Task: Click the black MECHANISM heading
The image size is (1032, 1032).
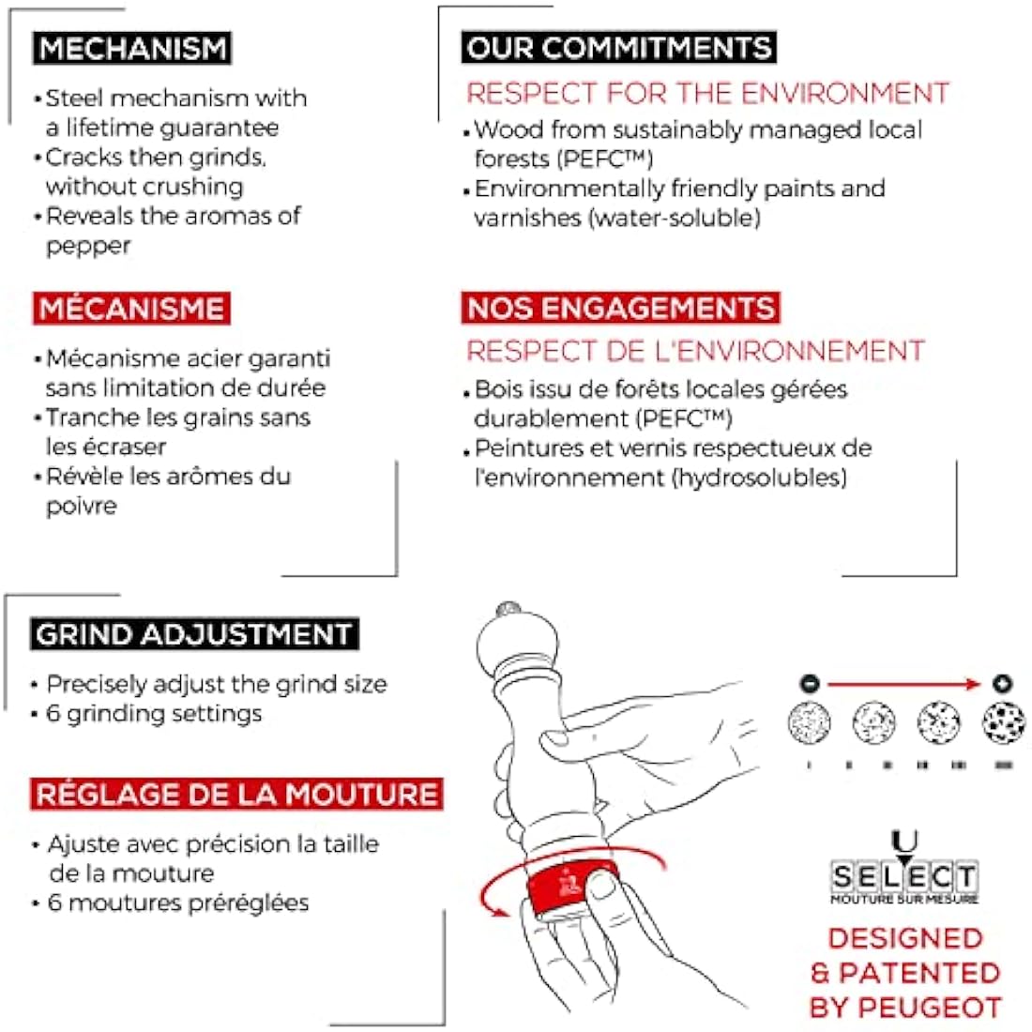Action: click(x=131, y=48)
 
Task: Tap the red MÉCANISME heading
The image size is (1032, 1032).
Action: click(x=131, y=309)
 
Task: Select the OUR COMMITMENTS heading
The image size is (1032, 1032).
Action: click(x=618, y=48)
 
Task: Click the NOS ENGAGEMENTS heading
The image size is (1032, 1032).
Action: click(x=621, y=308)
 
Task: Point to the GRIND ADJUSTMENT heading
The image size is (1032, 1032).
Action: click(x=194, y=634)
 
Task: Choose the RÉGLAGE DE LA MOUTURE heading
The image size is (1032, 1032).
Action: click(x=236, y=794)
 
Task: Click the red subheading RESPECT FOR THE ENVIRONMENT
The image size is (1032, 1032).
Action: click(x=708, y=93)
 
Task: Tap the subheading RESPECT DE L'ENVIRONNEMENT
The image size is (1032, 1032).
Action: click(x=696, y=351)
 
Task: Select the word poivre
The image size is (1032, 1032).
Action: click(x=82, y=506)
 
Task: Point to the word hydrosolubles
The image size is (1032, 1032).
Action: click(x=760, y=478)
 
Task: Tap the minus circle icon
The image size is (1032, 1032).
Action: click(x=810, y=684)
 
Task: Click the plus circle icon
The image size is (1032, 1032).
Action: click(x=1002, y=684)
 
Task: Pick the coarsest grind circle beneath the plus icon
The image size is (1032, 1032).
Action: click(x=1004, y=722)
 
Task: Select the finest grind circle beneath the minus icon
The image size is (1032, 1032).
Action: click(x=809, y=722)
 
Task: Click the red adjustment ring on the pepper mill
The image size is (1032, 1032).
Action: click(x=571, y=886)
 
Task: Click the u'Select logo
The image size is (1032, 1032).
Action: click(x=904, y=868)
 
